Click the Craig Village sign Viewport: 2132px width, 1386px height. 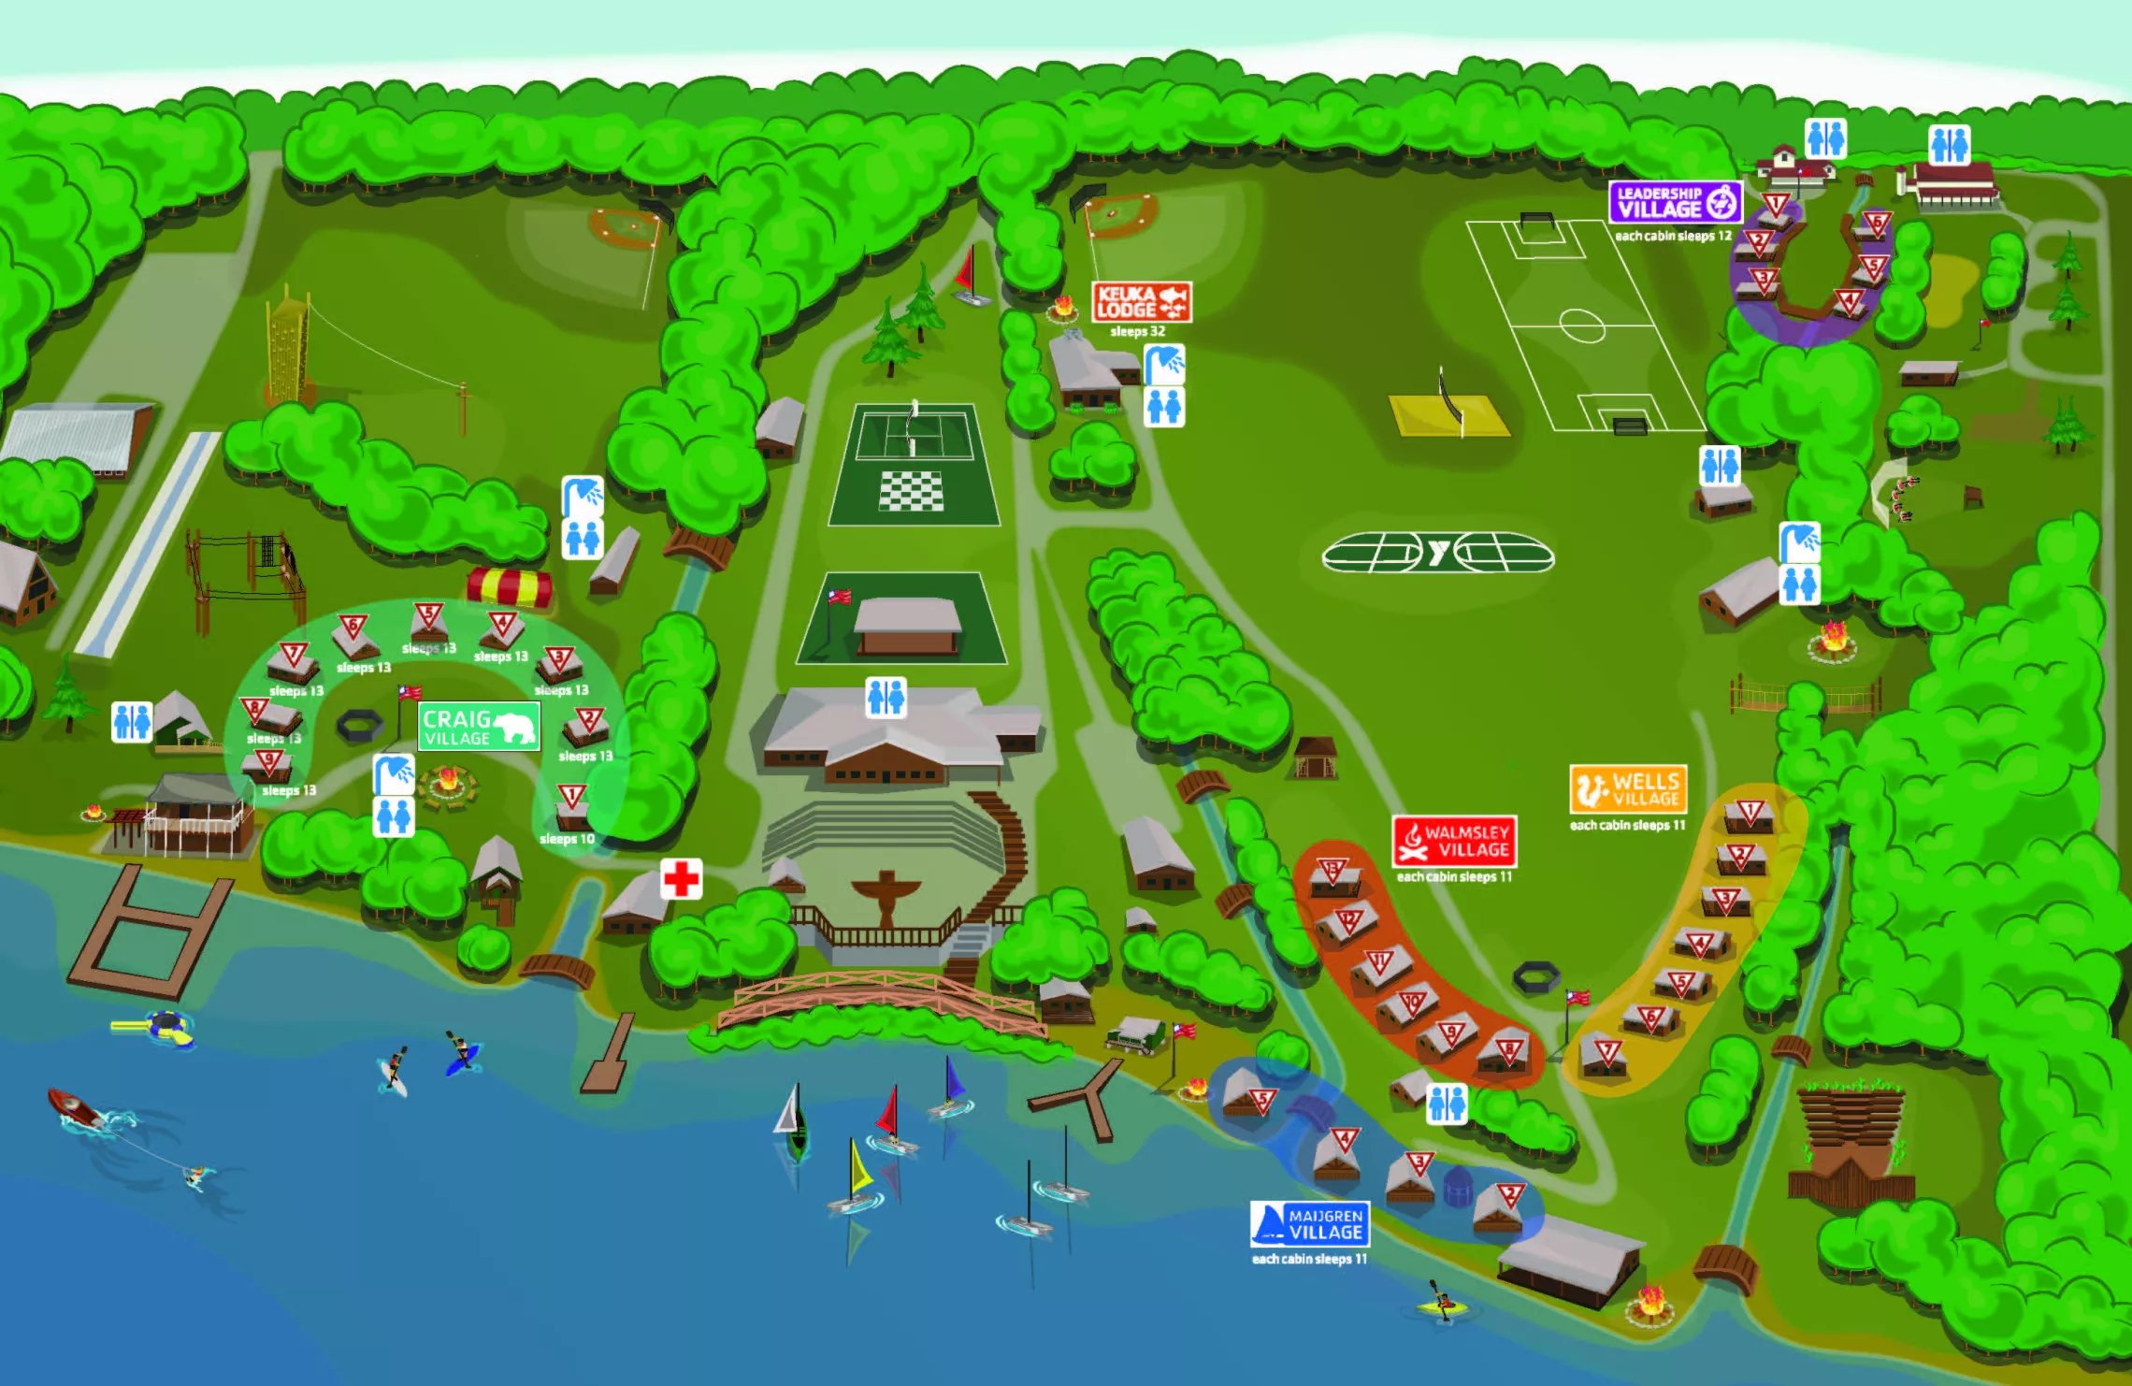(x=478, y=727)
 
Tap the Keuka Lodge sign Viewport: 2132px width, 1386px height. (x=1142, y=302)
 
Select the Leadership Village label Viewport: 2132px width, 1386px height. (x=1675, y=201)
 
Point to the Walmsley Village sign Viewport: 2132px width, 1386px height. (x=1454, y=841)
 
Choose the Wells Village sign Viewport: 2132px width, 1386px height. (x=1628, y=789)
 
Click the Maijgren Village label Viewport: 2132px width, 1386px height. (x=1310, y=1224)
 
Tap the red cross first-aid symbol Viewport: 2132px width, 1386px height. (x=681, y=879)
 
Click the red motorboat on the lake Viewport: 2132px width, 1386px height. (x=75, y=1107)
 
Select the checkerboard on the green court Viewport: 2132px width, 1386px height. (x=912, y=491)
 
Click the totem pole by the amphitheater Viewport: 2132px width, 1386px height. (x=885, y=897)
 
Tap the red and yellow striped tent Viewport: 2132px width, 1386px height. (x=510, y=586)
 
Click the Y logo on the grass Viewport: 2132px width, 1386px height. (x=1438, y=554)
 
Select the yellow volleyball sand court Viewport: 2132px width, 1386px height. (x=1448, y=416)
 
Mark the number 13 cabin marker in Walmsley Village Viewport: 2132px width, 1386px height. (x=1332, y=871)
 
